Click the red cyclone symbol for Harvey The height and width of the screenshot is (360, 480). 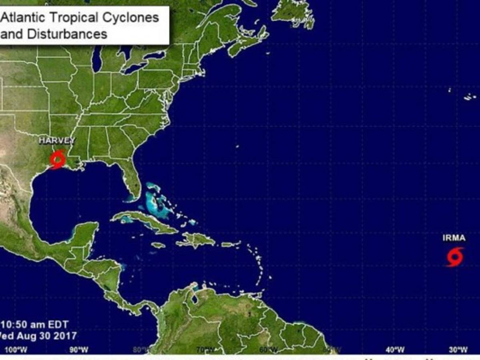[57, 160]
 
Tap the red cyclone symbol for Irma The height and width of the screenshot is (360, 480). [455, 257]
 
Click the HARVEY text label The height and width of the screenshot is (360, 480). [57, 140]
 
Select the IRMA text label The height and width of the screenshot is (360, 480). [454, 238]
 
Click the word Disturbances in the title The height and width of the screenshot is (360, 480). [67, 34]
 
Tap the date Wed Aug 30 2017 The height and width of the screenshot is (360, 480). [38, 336]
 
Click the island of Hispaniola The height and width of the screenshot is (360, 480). [196, 240]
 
